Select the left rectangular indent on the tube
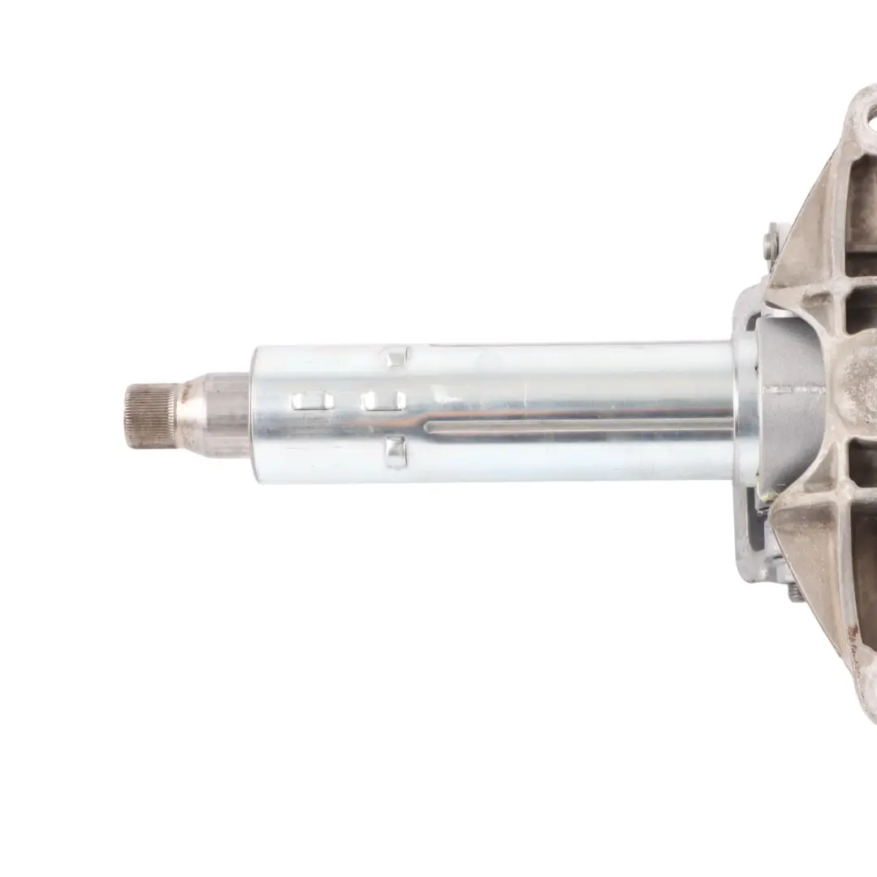(x=313, y=400)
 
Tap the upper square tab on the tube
(x=395, y=356)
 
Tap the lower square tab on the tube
(x=395, y=451)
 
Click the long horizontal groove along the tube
(x=568, y=426)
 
